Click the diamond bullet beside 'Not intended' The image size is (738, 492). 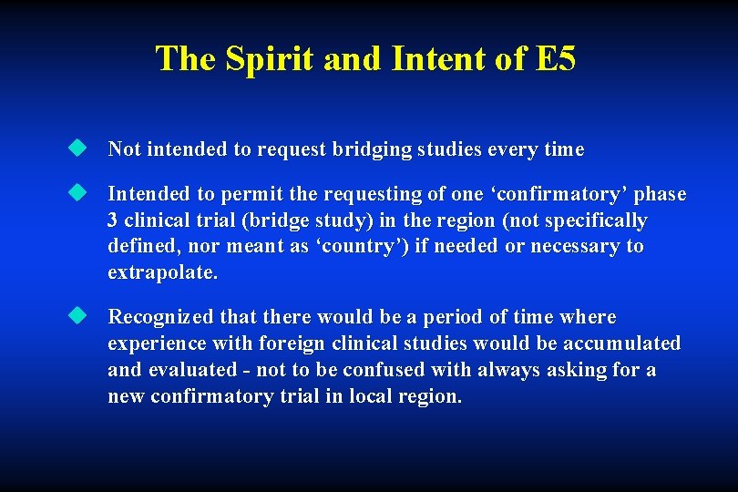click(79, 148)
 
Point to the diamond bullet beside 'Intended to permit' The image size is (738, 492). click(79, 193)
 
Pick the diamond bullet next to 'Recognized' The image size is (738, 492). click(79, 315)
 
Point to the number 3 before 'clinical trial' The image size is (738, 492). click(113, 220)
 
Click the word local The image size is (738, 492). click(359, 396)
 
